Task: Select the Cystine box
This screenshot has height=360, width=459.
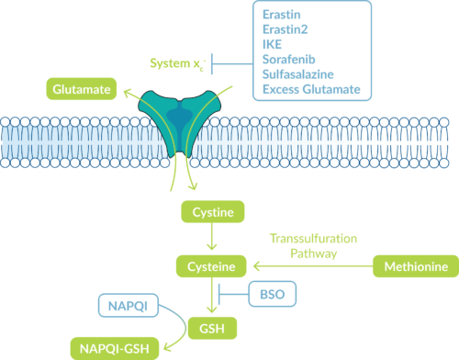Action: (x=212, y=213)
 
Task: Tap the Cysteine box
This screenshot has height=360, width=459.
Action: (x=212, y=267)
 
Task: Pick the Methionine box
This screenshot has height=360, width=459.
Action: (x=414, y=267)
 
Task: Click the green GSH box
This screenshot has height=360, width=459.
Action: (x=212, y=326)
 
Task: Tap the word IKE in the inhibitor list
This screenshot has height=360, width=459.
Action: (x=273, y=43)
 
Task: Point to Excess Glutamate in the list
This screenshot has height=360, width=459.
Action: (x=309, y=90)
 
